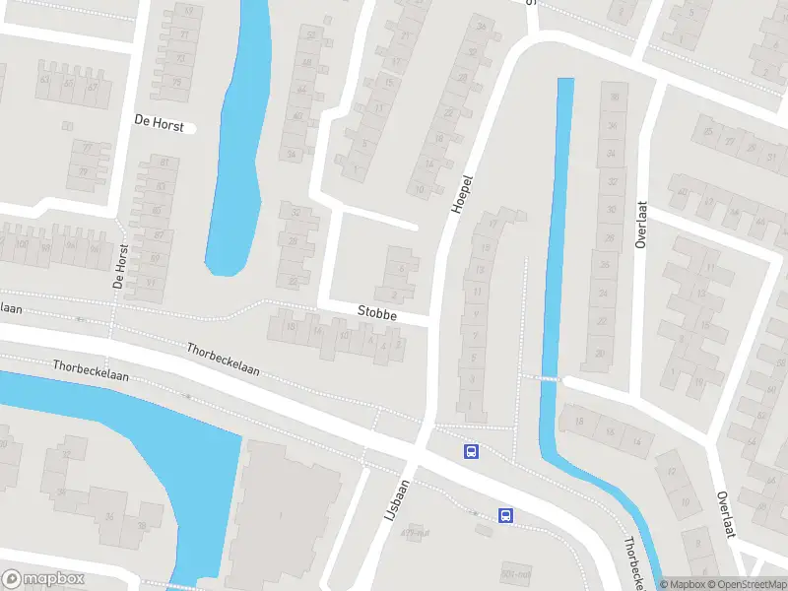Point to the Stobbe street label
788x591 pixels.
click(377, 315)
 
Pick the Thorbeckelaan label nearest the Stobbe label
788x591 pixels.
click(224, 359)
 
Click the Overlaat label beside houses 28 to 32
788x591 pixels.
click(640, 225)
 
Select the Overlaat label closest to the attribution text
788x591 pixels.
click(726, 513)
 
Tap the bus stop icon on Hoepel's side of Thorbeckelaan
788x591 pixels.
click(472, 452)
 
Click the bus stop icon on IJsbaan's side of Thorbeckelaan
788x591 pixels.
click(505, 514)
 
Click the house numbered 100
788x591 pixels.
click(21, 243)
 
